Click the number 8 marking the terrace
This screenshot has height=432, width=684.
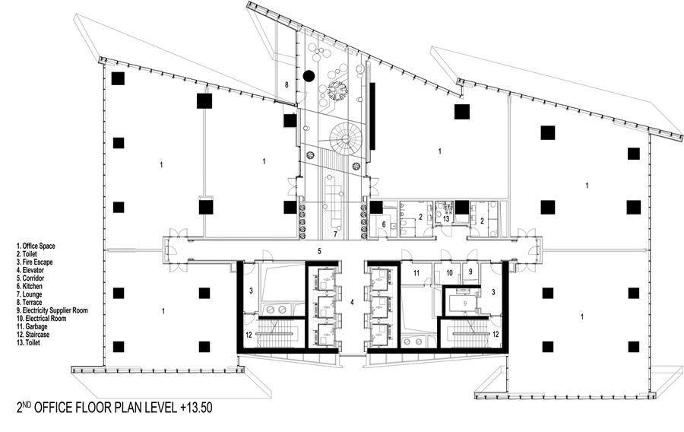pos(287,85)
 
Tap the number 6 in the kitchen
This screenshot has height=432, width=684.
pos(384,224)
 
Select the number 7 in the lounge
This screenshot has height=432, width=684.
pos(335,233)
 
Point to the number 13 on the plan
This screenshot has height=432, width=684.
pos(446,219)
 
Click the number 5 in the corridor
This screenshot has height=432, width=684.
pos(319,251)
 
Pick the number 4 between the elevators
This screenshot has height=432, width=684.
pos(353,301)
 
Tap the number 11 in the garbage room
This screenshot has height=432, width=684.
pos(416,273)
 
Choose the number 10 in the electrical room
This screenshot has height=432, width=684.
pos(449,273)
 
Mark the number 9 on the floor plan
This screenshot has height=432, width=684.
pos(470,272)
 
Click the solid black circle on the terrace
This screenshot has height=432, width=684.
pos(309,76)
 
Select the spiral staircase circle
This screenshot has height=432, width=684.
pos(346,138)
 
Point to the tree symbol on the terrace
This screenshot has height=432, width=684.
pos(337,90)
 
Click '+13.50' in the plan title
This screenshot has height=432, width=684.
pos(196,408)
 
